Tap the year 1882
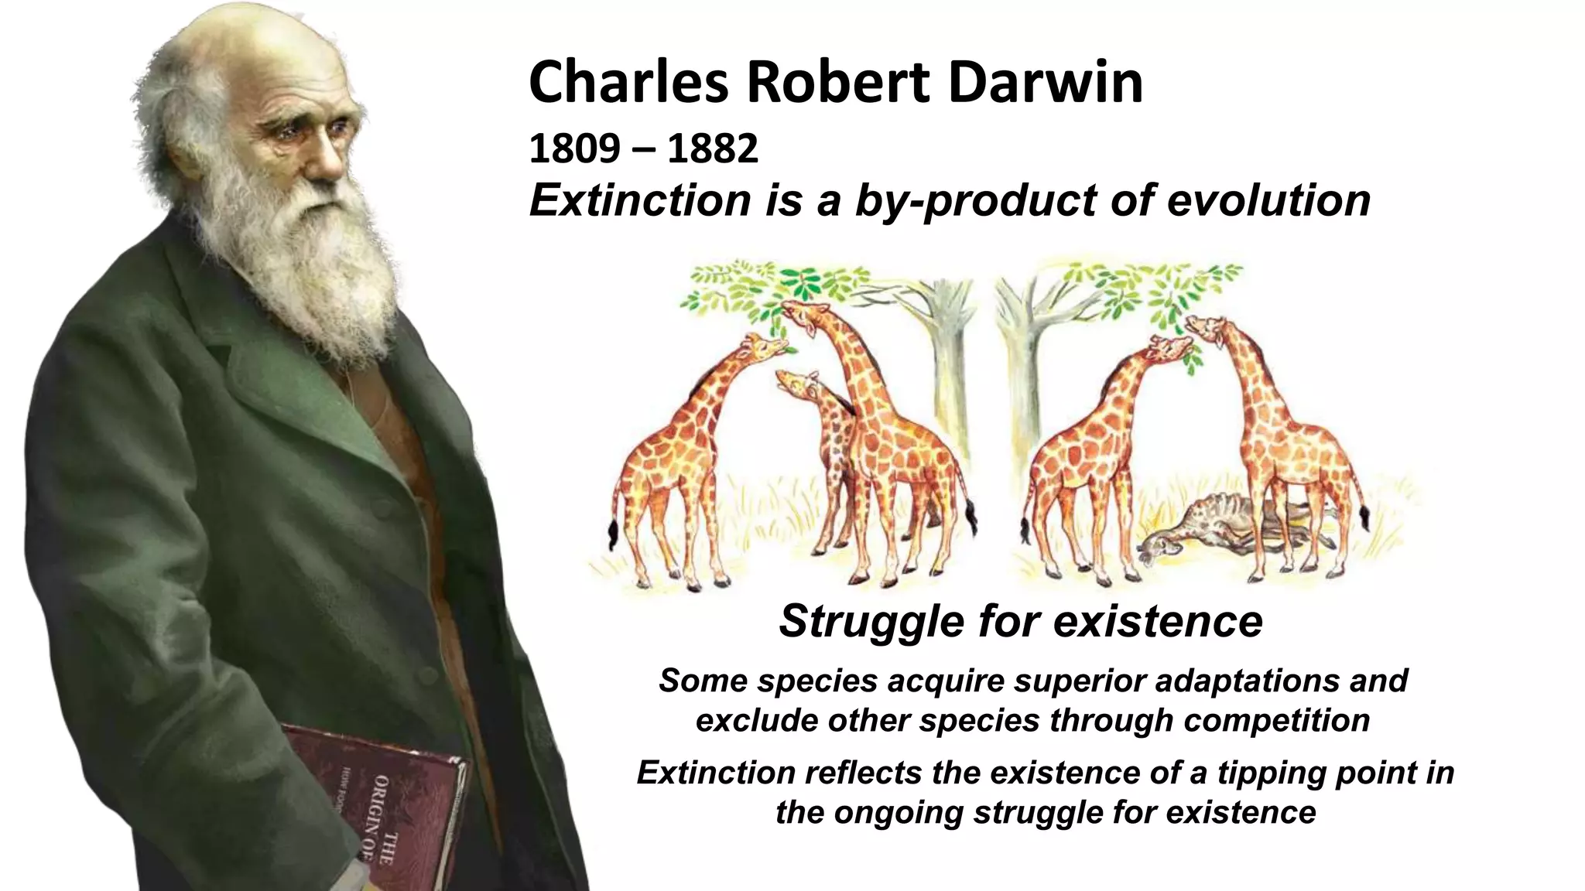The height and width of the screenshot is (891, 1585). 712,148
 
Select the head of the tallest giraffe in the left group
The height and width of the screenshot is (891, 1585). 801,317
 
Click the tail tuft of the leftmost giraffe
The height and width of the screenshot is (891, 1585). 614,534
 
